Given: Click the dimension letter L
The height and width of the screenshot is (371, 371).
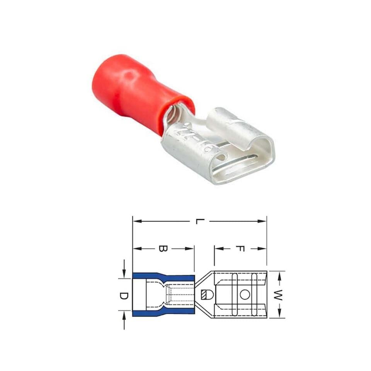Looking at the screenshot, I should [199, 222].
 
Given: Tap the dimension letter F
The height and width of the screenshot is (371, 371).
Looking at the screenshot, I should [239, 248].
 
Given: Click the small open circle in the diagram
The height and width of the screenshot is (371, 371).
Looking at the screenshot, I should [244, 295].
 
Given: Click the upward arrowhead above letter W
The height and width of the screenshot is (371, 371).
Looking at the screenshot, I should [279, 274].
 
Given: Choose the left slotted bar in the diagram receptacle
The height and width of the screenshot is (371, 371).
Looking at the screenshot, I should [235, 295].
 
